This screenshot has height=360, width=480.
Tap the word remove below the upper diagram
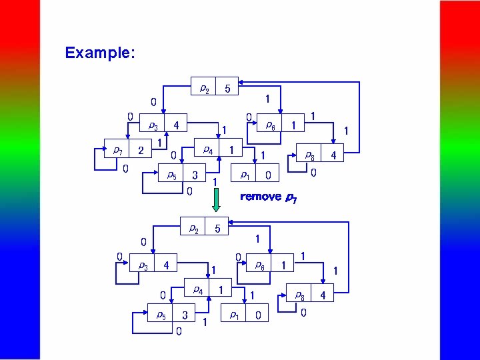point(261,197)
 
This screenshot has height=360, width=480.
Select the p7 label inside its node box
point(117,149)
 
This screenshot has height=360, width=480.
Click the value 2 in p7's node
point(140,151)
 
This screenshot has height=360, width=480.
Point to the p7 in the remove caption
point(291,197)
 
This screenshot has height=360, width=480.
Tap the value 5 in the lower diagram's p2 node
point(217,229)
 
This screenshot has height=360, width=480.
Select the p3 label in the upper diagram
point(153,125)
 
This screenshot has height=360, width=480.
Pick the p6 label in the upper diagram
point(271,124)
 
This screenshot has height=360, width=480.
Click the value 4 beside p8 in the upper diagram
point(333,155)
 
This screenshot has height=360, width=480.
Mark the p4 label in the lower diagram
point(197,289)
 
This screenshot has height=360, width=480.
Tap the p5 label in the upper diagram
point(171,175)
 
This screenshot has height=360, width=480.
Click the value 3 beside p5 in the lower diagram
point(185,315)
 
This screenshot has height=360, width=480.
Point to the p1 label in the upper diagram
point(245,175)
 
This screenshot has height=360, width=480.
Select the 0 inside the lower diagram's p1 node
point(257,315)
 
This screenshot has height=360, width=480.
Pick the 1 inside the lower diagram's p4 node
point(220,290)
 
